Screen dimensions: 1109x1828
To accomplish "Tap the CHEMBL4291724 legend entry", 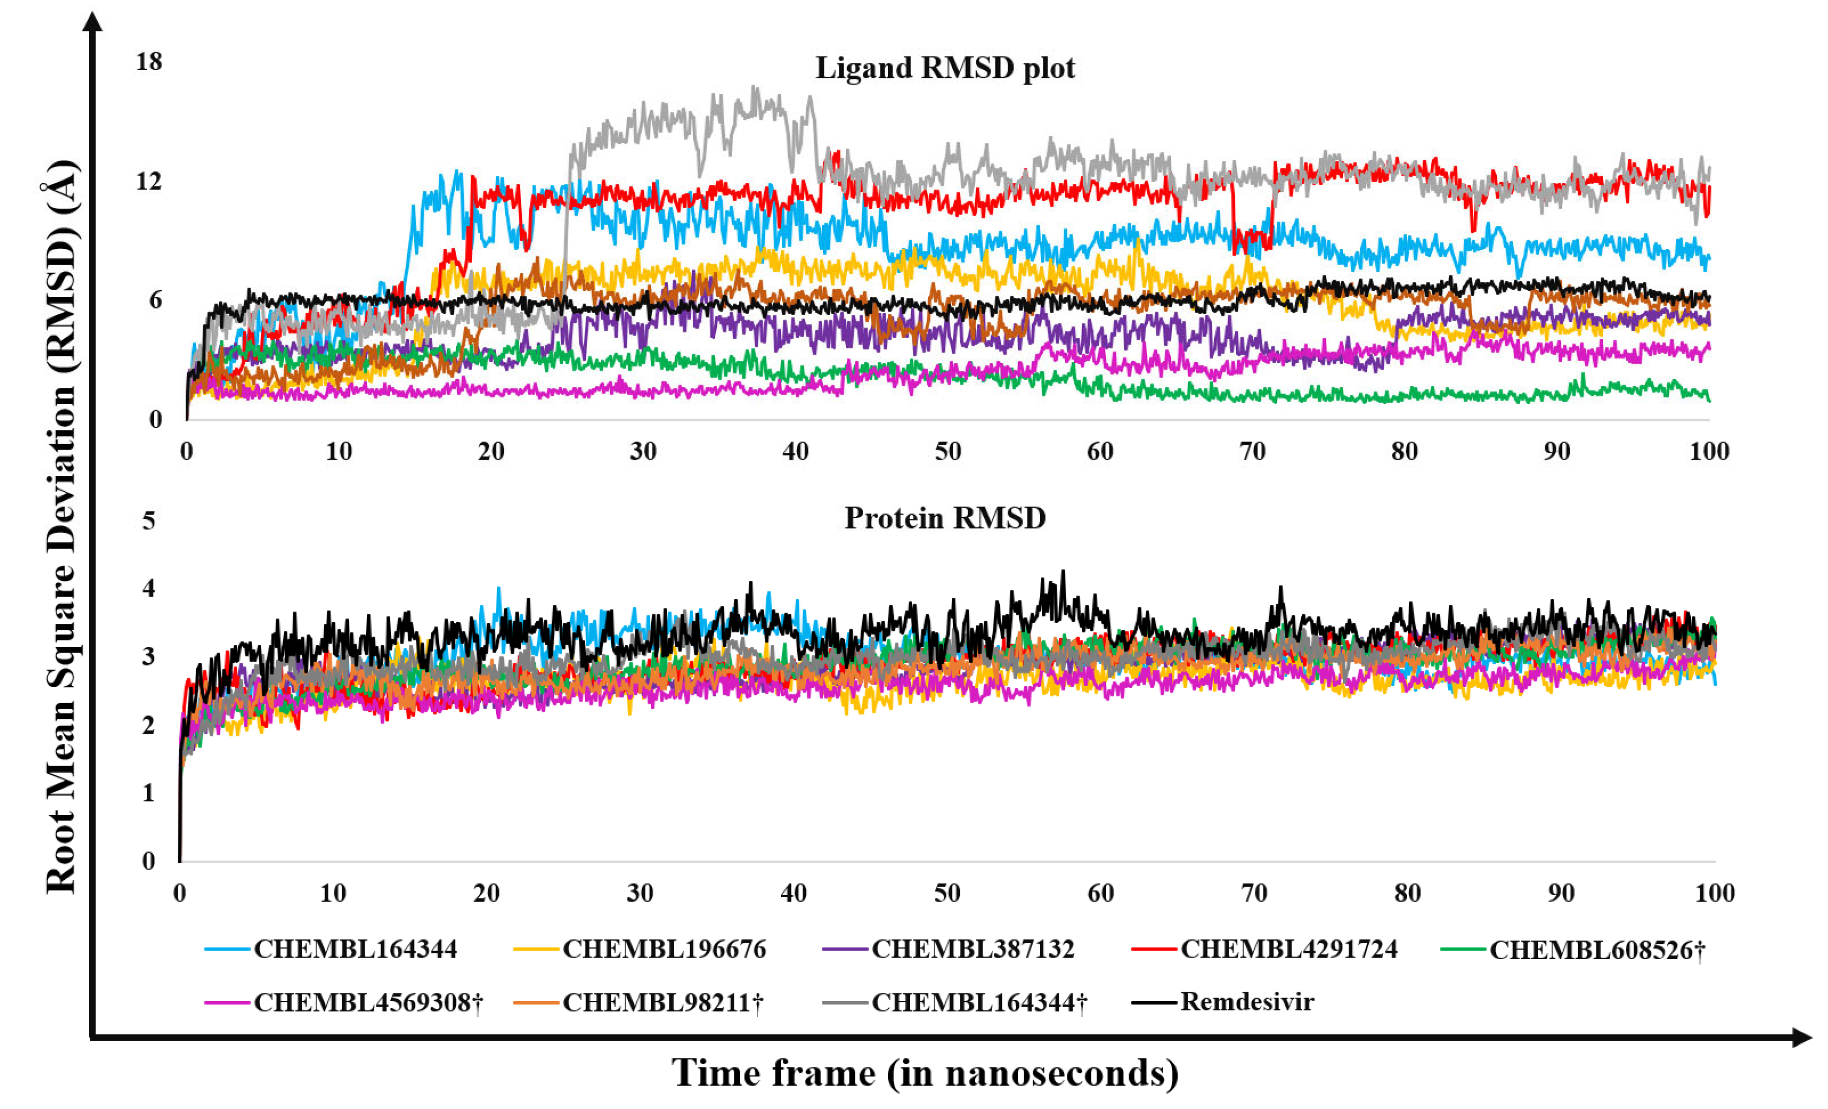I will point(1289,949).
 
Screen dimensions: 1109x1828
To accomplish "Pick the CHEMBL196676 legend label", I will point(664,949).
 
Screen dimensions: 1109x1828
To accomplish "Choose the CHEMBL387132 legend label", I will point(973,949).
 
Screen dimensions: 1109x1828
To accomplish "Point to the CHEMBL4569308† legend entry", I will point(368,1002).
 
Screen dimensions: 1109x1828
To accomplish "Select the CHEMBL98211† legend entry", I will point(663,1002).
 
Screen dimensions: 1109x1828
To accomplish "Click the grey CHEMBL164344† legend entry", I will point(979,1002).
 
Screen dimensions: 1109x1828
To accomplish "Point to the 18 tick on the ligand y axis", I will point(148,62).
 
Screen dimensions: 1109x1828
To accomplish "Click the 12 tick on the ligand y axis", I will point(148,181).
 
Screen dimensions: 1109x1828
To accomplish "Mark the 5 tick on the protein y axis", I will point(148,521).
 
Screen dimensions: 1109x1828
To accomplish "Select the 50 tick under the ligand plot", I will point(948,451).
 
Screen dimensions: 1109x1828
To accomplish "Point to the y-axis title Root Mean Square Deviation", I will point(61,527).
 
